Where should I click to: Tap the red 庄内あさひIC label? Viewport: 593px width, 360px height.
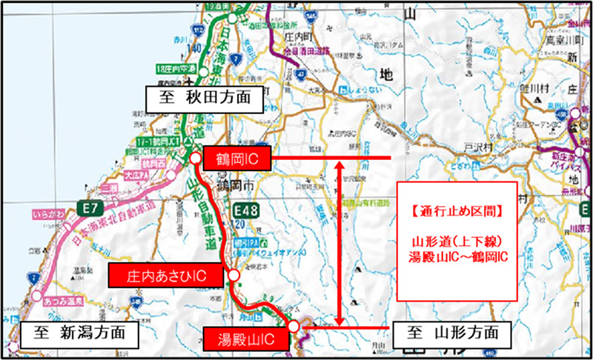point(165,276)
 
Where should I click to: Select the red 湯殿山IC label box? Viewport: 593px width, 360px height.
point(242,339)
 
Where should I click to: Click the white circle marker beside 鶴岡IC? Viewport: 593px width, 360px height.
point(195,158)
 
